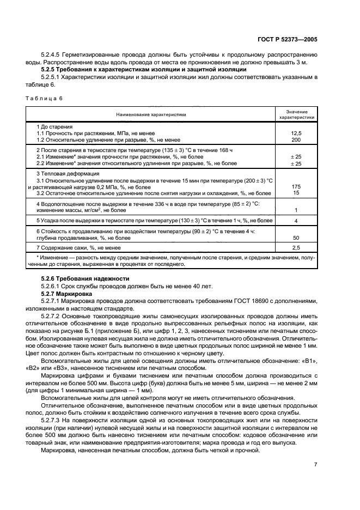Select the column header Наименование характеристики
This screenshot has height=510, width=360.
(150, 115)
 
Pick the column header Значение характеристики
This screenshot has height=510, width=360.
(296, 114)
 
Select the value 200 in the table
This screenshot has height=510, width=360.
(296, 140)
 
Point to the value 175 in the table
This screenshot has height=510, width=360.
(296, 187)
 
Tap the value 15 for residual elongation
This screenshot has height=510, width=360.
(296, 193)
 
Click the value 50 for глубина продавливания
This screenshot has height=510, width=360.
(296, 238)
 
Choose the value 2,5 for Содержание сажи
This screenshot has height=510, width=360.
(296, 248)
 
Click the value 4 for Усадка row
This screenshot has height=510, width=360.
(296, 221)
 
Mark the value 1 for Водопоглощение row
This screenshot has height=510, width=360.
(296, 210)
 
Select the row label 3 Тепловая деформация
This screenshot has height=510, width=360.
(61, 173)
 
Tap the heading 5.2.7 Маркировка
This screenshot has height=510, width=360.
(67, 293)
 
